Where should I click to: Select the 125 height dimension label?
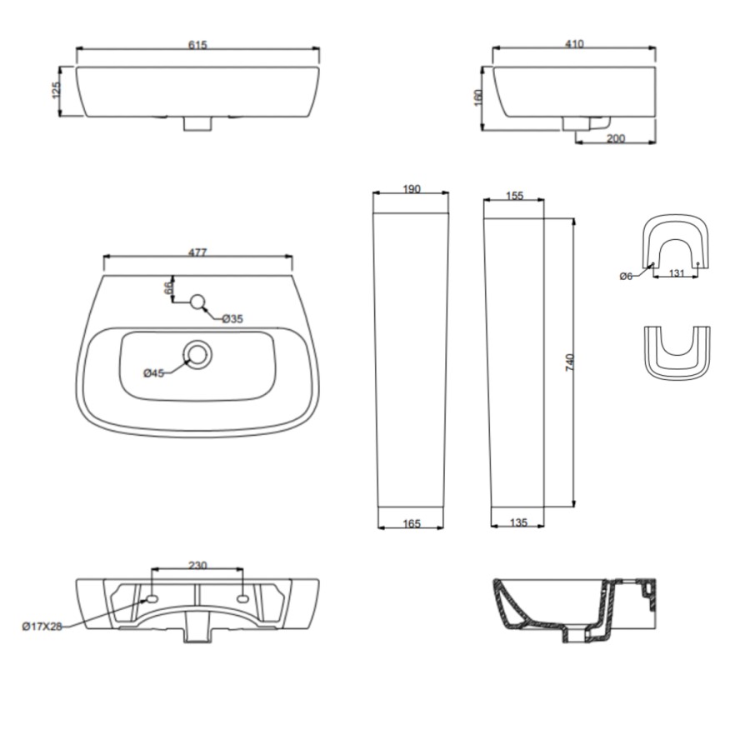click(x=57, y=91)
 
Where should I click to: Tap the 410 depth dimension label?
click(x=574, y=44)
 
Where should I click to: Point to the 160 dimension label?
click(x=478, y=97)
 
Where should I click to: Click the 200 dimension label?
click(x=616, y=138)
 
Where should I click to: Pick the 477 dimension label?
click(x=197, y=252)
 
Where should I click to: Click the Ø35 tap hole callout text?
click(x=232, y=318)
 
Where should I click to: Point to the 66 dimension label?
click(x=167, y=287)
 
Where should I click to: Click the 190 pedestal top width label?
click(x=411, y=189)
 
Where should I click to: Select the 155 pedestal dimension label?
click(x=514, y=196)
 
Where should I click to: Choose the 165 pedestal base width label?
click(x=411, y=523)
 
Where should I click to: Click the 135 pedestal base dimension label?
click(x=517, y=523)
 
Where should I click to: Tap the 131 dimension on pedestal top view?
click(x=677, y=272)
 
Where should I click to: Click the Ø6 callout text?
click(x=627, y=276)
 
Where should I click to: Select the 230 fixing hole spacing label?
click(x=197, y=566)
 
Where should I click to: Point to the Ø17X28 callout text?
click(x=42, y=627)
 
